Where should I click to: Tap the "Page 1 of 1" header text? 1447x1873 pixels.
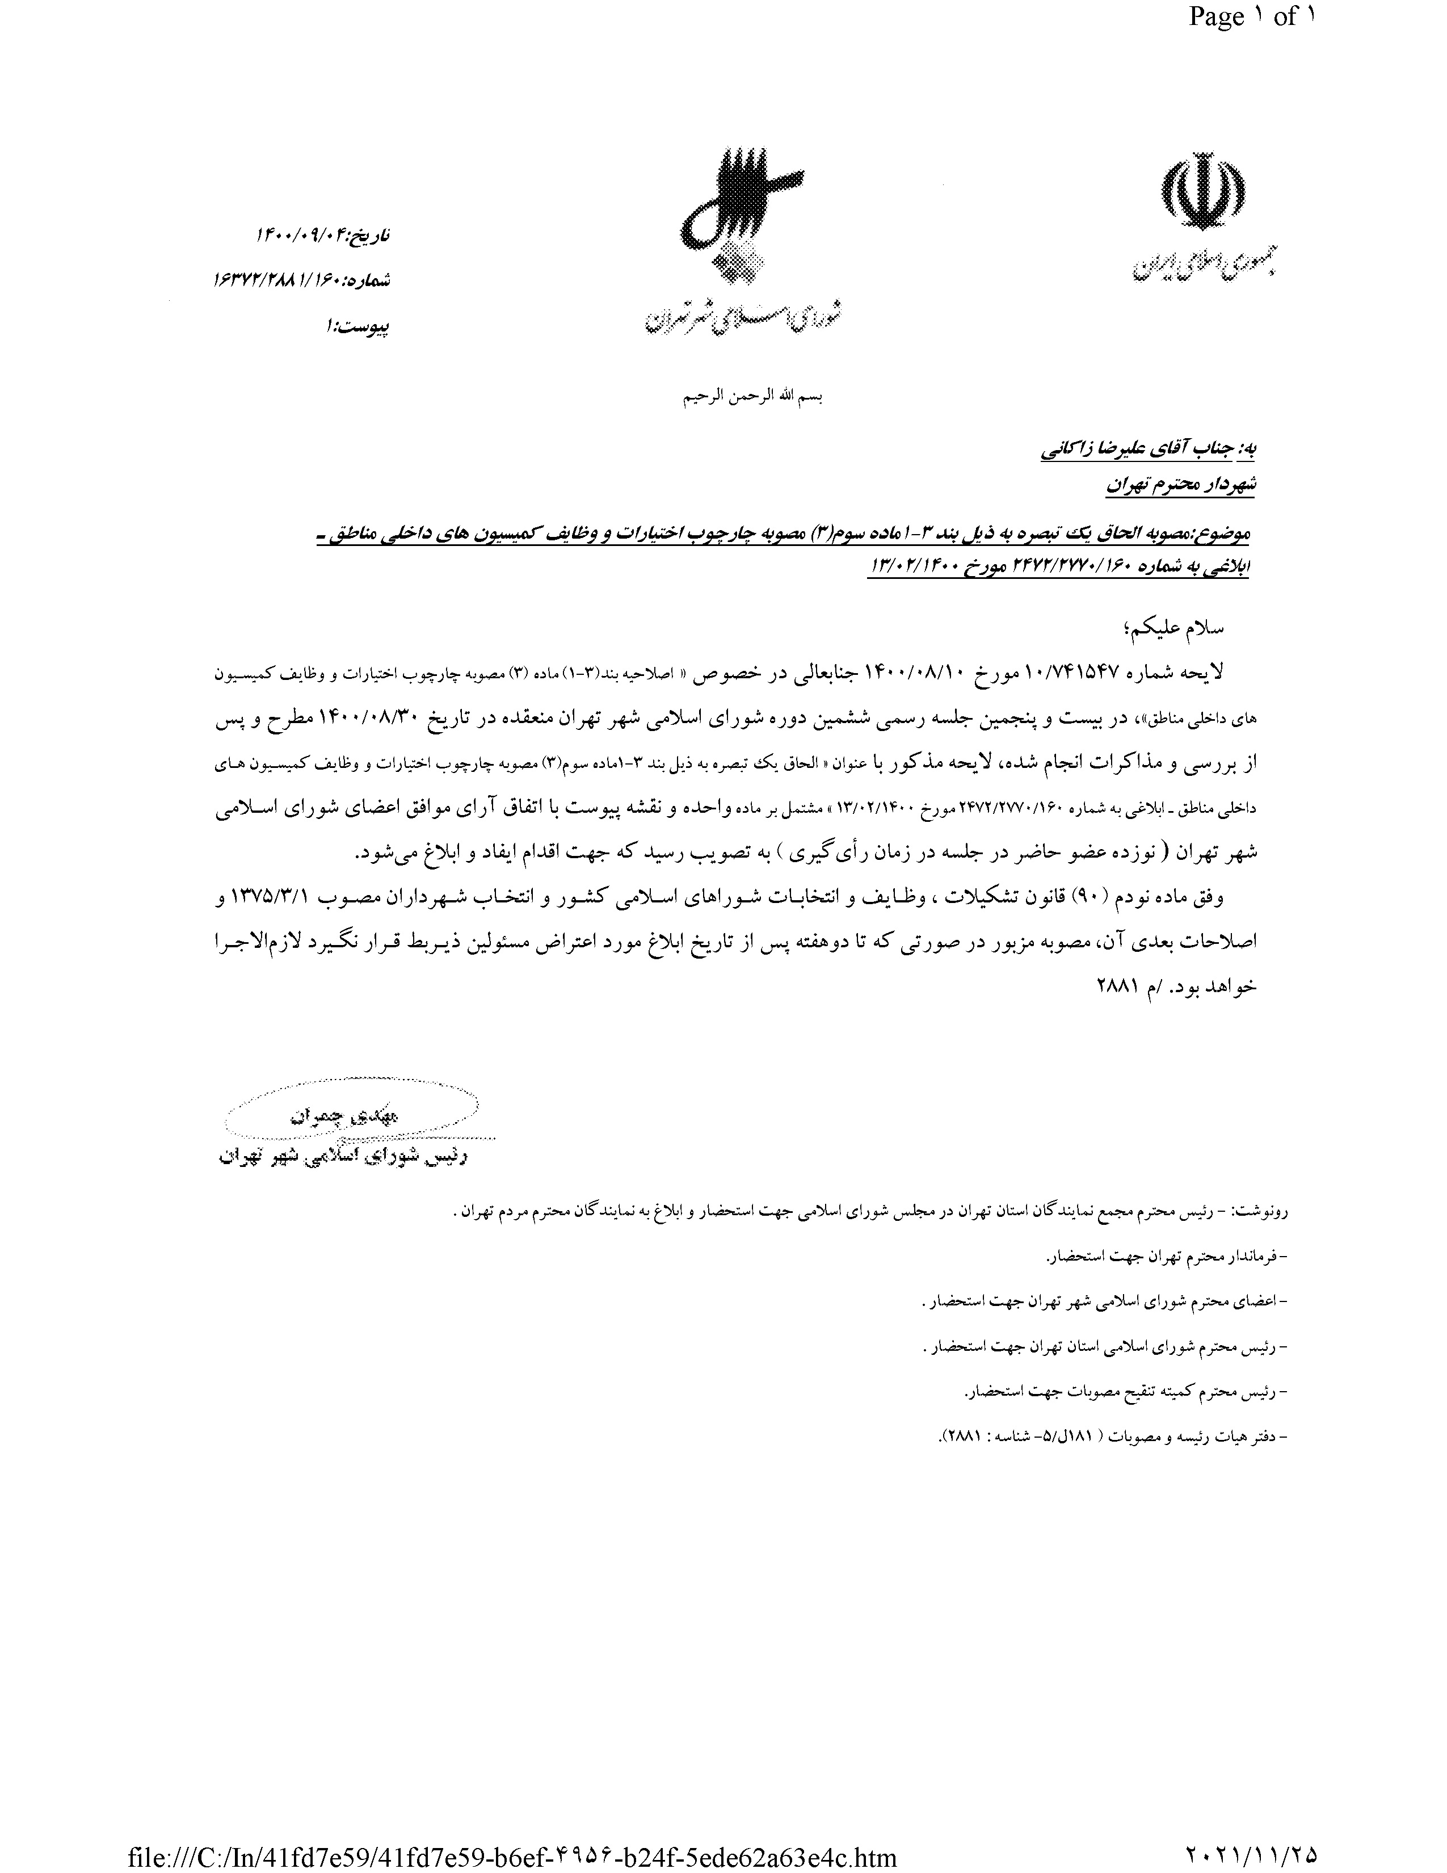[x=1250, y=16]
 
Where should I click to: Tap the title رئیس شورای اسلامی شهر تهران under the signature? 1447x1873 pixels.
[x=343, y=1157]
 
